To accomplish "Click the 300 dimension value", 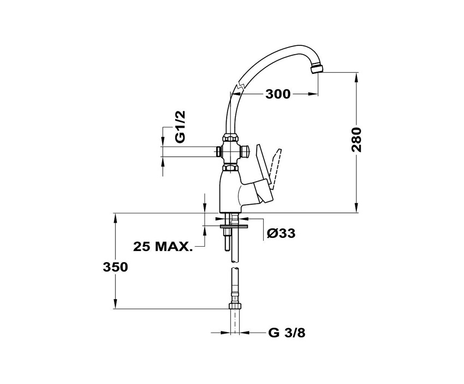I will coord(278,94).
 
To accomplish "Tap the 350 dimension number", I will coord(115,267).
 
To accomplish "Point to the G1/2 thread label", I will coord(181,127).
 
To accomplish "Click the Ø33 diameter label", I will coord(281,234).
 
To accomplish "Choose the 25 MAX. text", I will coord(163,246).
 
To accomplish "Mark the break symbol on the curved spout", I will coord(238,88).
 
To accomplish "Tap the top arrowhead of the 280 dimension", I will coord(355,77).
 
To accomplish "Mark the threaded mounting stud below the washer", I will coord(225,238).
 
